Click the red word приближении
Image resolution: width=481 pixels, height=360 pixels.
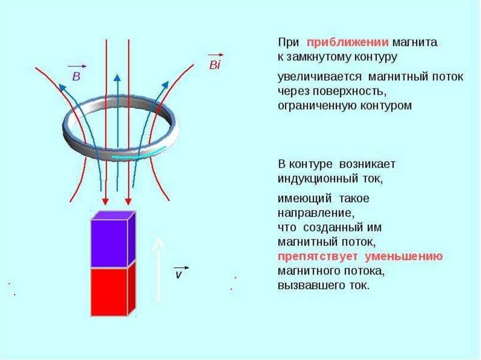347,43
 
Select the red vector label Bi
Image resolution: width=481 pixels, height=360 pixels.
214,65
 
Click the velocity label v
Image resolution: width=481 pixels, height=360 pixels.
178,275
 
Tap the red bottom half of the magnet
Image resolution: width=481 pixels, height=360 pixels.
110,291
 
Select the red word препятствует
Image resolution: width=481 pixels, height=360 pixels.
318,257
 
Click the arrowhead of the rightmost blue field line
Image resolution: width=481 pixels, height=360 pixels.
166,84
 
